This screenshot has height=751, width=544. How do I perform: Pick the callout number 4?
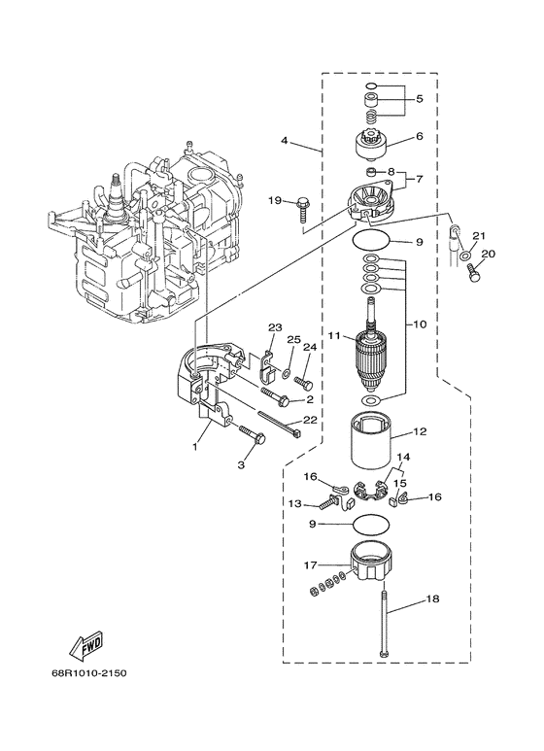click(x=285, y=141)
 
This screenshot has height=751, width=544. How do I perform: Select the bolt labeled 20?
click(x=475, y=276)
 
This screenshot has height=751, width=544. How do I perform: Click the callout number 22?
click(x=310, y=420)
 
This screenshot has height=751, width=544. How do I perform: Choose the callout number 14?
click(x=401, y=456)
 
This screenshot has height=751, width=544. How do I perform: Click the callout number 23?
click(x=274, y=327)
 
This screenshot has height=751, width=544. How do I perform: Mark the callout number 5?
click(x=420, y=98)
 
